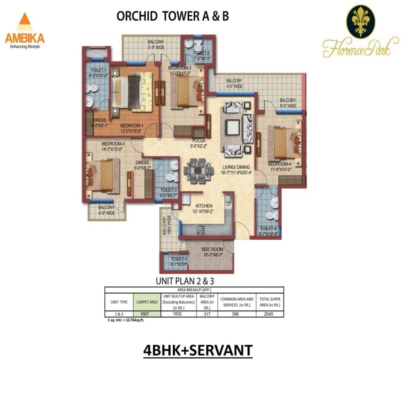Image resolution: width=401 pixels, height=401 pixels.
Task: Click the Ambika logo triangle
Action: (25, 23)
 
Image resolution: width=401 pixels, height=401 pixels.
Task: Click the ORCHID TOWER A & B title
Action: (173, 16)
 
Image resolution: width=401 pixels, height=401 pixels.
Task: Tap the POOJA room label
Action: (199, 141)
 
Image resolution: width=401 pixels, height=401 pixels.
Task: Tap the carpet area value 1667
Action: (147, 314)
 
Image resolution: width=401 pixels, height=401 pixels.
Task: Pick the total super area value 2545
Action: (270, 314)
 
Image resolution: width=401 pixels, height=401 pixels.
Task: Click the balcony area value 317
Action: (208, 314)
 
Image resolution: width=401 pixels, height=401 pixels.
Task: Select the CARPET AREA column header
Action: (147, 302)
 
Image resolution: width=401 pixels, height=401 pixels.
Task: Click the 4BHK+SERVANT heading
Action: (198, 350)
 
